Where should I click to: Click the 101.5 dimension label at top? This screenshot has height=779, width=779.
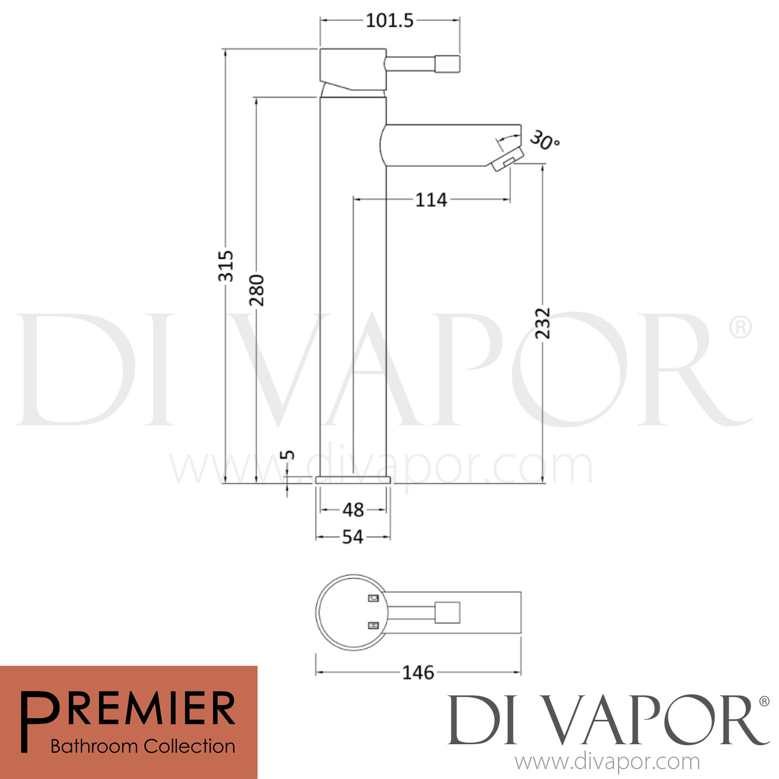pos(389,21)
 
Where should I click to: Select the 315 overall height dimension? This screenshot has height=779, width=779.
pos(226,266)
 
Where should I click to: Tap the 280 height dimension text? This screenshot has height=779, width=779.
pos(257,290)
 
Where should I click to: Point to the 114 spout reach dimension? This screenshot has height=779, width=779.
pos(431,200)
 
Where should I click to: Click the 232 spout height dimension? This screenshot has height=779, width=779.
pos(543,323)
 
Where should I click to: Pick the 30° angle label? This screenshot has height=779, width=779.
pos(544,140)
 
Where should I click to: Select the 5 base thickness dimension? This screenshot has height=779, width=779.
pos(287,455)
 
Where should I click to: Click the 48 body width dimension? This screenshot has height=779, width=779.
pos(353,510)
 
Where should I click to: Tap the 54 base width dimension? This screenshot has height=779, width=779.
pos(353,537)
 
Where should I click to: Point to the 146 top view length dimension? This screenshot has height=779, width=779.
pos(418,673)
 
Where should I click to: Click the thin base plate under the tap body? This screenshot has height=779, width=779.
pos(353,479)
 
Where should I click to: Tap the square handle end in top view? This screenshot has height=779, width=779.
pos(447,612)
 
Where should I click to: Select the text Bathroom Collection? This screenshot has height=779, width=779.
pos(143,746)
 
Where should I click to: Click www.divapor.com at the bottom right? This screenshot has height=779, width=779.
pos(607,762)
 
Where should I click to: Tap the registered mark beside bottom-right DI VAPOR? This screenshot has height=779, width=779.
pos(764,702)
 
